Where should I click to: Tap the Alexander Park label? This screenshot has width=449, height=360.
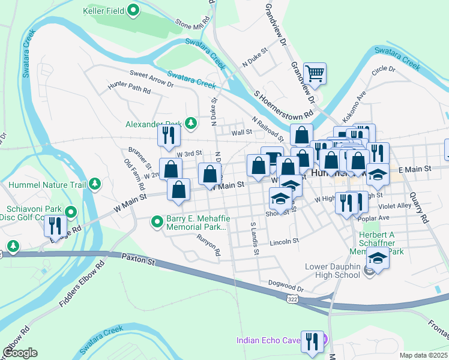coord(153,124)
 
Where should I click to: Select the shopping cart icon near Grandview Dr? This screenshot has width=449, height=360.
coord(315,74)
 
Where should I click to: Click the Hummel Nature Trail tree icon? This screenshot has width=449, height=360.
coord(94,185)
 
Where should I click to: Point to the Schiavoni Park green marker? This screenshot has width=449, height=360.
coord(71,211)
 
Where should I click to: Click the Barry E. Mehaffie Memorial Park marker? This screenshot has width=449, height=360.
coord(157,223)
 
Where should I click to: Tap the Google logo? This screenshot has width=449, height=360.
coord(20,353)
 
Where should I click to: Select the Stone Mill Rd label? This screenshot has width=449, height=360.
coord(193,25)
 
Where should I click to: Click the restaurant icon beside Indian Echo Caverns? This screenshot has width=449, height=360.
coord(312,341)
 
